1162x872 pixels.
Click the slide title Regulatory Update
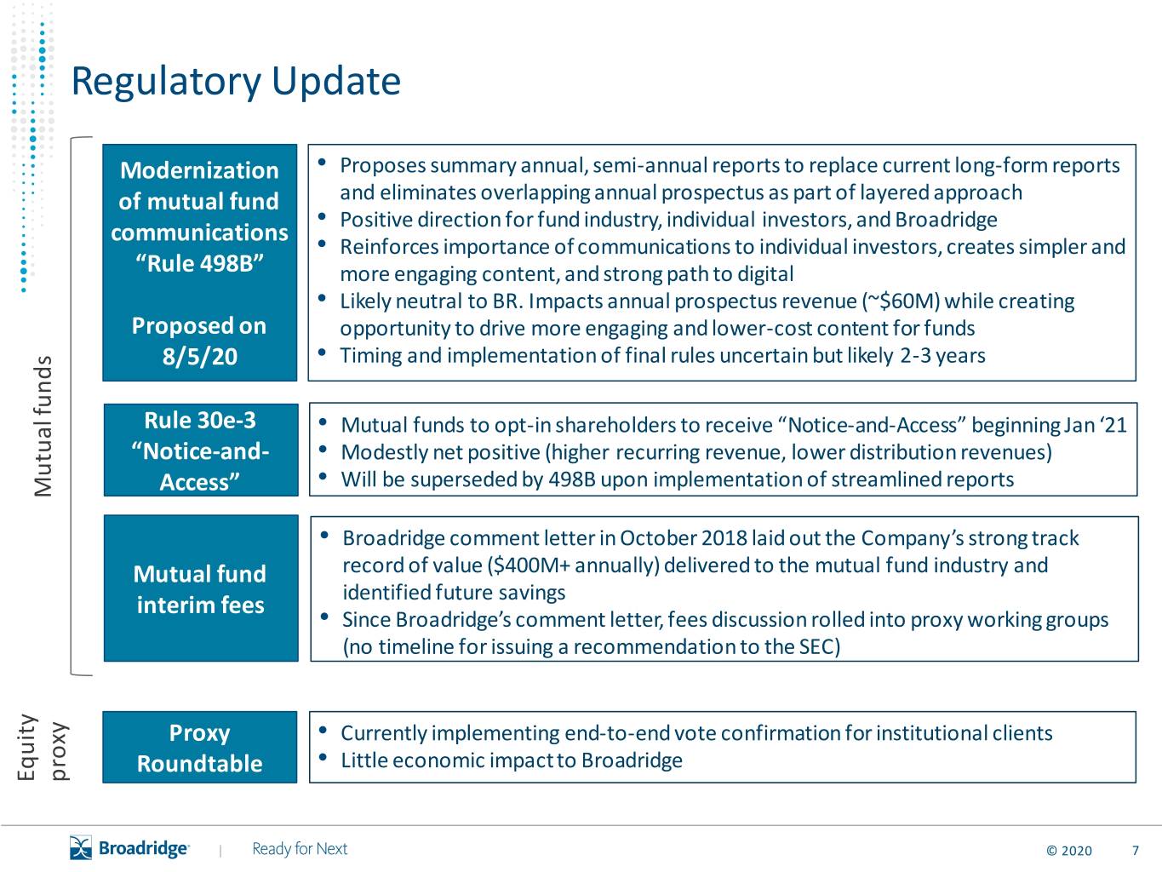236,81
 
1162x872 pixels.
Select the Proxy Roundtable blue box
199,747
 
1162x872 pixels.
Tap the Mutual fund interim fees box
201,588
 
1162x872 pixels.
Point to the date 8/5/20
199,356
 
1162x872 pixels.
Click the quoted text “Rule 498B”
199,263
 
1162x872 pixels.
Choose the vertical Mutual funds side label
43,426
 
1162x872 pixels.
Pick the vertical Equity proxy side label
43,747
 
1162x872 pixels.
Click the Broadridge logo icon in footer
81,848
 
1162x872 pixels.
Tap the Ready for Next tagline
300,849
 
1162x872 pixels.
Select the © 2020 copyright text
1069,851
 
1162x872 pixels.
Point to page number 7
1135,851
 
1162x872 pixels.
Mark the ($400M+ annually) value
572,565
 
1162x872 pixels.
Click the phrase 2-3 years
943,355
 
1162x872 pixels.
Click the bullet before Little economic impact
323,758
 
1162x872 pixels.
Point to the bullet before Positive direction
322,216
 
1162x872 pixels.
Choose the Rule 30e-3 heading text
200,421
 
